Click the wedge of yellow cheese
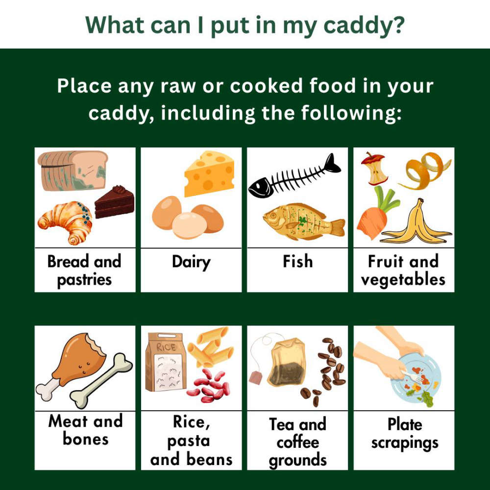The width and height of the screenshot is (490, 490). (x=209, y=174)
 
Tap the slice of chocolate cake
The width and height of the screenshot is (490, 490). (x=115, y=202)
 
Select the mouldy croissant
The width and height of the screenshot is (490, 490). (x=65, y=221)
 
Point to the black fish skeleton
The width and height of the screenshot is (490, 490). (x=294, y=176)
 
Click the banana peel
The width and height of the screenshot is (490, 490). (x=416, y=225)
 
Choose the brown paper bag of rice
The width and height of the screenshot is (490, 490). (x=166, y=362)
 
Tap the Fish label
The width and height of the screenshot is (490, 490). (x=297, y=261)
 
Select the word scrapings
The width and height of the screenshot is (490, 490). (x=405, y=443)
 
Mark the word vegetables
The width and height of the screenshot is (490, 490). (x=403, y=280)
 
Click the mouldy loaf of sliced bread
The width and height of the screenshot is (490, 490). (x=73, y=171)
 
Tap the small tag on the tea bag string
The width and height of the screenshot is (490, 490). (x=256, y=377)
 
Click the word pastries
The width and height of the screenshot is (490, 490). (x=84, y=280)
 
